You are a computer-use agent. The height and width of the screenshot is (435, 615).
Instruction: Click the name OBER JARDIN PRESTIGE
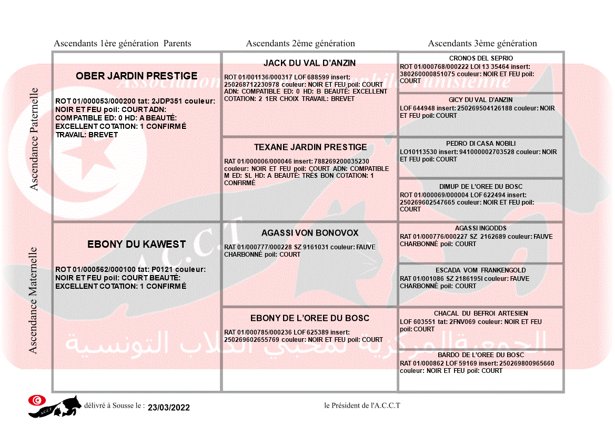click(136, 76)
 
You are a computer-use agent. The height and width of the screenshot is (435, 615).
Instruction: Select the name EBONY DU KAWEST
click(136, 245)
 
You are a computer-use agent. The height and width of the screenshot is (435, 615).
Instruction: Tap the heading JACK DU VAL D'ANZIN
click(309, 63)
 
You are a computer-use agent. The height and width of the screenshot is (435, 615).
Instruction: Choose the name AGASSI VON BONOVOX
click(310, 233)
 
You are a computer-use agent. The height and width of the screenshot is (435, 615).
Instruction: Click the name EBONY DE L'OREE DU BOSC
click(310, 318)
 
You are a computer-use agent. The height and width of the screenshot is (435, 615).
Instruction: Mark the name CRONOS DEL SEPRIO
click(481, 58)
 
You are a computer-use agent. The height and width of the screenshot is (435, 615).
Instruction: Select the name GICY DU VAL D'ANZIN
click(481, 100)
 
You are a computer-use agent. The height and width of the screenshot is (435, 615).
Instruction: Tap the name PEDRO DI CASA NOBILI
click(481, 144)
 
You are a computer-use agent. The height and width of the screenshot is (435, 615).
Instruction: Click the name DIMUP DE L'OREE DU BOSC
click(481, 187)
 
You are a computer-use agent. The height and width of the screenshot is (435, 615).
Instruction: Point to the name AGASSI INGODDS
click(481, 228)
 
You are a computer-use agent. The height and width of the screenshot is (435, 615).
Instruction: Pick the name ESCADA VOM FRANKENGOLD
click(481, 270)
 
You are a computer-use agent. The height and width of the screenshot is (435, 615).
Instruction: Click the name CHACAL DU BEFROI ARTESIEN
click(481, 313)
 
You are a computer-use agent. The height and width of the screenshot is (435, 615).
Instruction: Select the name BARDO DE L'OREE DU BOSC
click(481, 355)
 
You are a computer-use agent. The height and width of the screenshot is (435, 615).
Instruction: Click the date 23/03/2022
click(168, 408)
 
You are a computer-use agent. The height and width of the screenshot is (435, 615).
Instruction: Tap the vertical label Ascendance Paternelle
click(34, 139)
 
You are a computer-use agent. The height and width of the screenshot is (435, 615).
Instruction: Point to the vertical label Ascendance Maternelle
click(33, 300)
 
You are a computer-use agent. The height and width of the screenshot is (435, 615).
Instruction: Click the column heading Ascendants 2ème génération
click(300, 44)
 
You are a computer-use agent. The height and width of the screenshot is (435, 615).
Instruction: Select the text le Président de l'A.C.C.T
click(362, 405)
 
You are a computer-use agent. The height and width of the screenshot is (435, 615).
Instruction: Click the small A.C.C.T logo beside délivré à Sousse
click(55, 406)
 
